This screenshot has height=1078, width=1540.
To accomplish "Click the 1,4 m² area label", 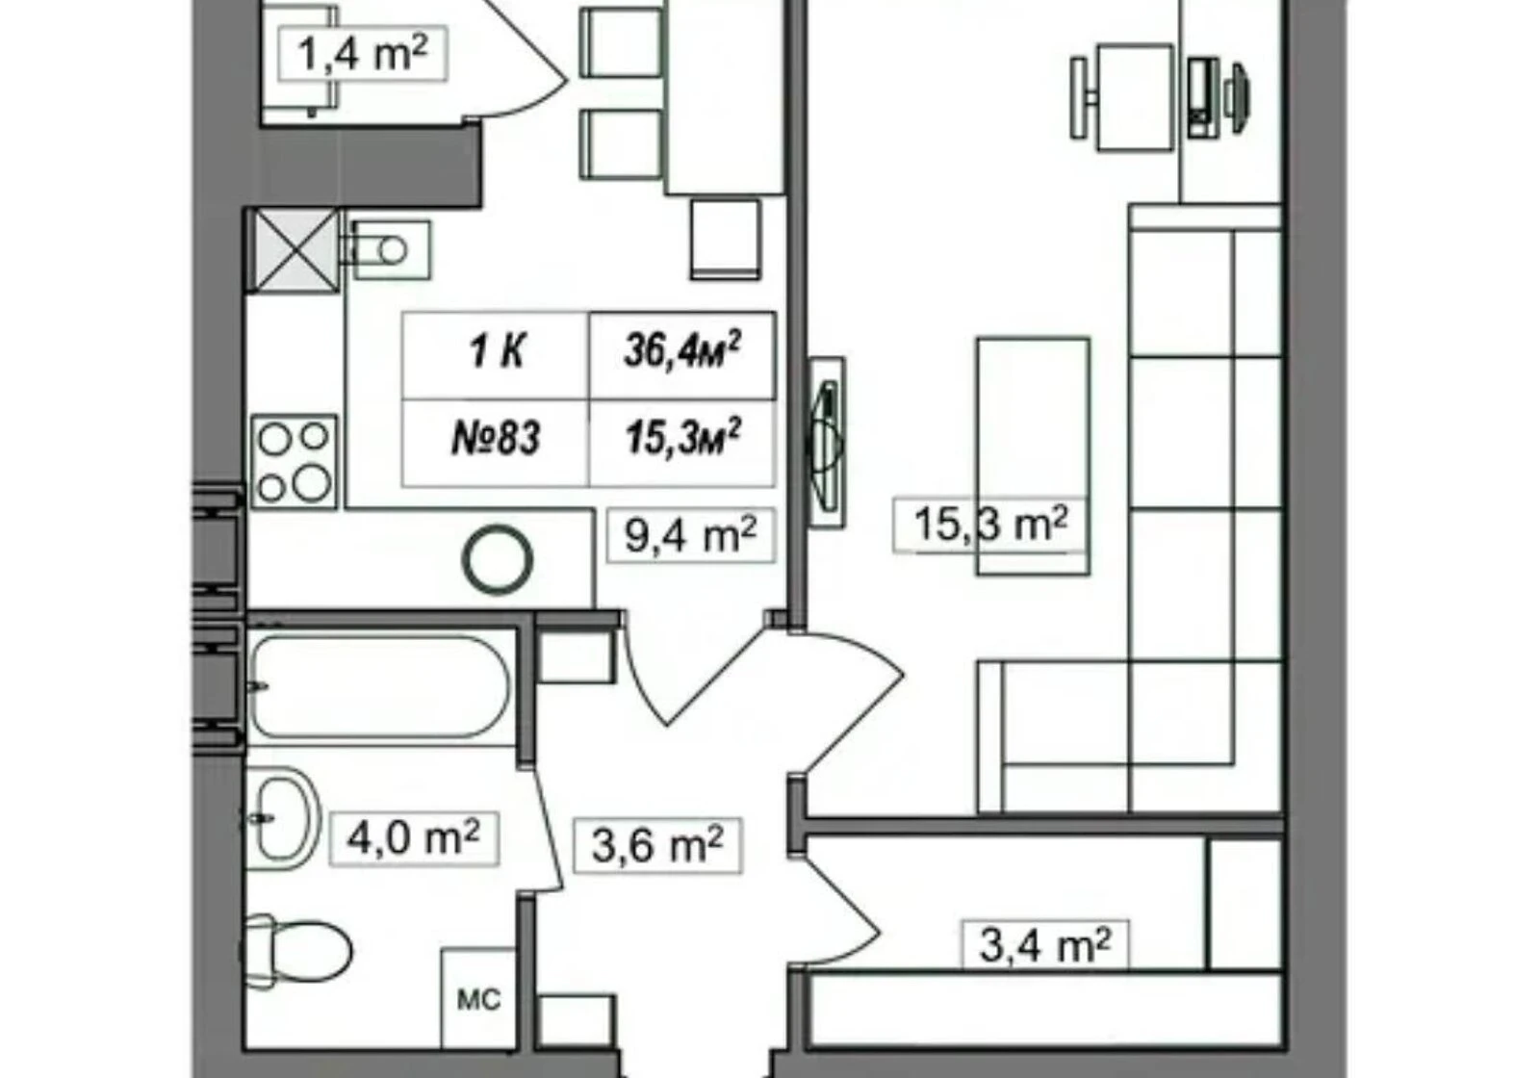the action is coord(363,54).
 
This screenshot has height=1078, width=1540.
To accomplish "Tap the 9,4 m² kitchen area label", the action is coord(690,535).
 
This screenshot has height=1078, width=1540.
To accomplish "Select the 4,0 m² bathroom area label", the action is coord(414,838).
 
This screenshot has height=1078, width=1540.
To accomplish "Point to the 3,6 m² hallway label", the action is coord(658,846).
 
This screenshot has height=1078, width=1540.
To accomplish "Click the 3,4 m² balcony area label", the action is coord(1045,945).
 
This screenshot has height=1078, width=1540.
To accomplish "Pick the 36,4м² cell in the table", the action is coord(682,355).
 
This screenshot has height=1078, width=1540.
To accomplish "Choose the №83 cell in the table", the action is coord(496,444).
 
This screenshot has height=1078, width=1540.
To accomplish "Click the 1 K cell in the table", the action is coord(496,355).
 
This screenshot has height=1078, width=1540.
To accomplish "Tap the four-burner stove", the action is coord(295,462).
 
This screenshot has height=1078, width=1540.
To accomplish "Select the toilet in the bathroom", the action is coord(297,951).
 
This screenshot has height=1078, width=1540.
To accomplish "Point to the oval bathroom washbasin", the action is coord(283,819).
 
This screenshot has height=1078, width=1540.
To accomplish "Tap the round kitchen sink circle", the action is coord(498,559).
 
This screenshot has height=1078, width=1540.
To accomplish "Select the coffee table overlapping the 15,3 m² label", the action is coord(1033,456).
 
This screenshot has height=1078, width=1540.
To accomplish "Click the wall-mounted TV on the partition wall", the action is coord(826,443).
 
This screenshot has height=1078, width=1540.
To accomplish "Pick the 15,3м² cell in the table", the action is coord(682,444).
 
